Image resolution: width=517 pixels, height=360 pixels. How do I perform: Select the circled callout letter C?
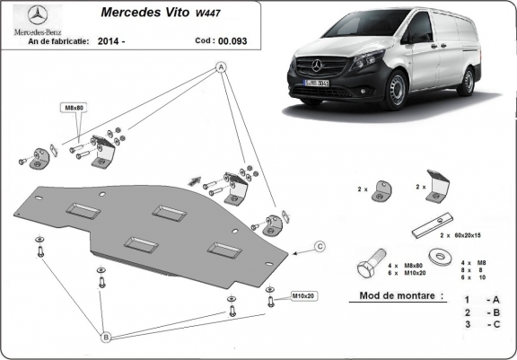tap(319, 245)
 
